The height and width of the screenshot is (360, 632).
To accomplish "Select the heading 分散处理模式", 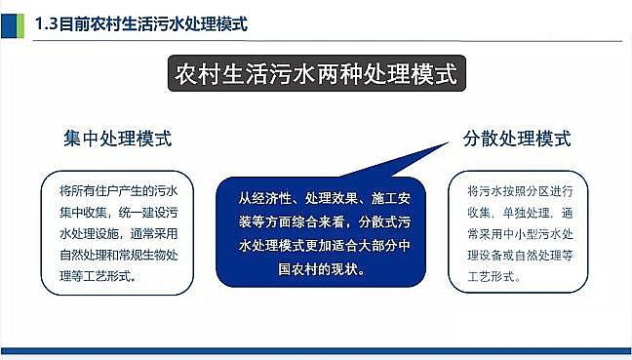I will (x=516, y=138).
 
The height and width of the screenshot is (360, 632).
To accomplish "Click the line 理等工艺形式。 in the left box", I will (x=98, y=275).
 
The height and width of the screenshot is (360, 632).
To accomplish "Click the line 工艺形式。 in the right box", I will (x=494, y=277).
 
